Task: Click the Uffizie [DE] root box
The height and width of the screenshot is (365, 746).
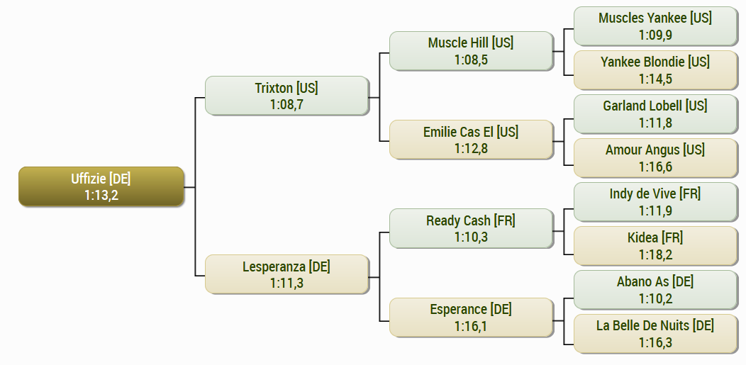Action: tap(101, 186)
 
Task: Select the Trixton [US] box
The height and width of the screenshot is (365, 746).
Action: tap(287, 96)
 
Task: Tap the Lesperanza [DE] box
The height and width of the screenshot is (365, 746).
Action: tap(287, 274)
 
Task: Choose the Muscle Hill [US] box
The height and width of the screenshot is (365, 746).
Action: tap(471, 51)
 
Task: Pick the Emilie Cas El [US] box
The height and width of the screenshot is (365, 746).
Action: tap(471, 139)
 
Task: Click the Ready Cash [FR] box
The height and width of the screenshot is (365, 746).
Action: tap(471, 228)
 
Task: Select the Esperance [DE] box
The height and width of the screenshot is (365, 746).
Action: tap(471, 318)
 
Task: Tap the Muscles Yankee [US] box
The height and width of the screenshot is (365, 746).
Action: tap(656, 26)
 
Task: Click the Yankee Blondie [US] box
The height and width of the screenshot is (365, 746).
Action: tap(656, 70)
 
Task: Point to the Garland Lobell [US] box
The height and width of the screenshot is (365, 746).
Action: tap(656, 114)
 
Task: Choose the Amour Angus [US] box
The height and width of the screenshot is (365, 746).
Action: tap(656, 158)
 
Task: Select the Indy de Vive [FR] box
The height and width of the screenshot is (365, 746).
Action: tap(656, 202)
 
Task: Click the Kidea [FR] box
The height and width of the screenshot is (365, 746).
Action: tap(656, 246)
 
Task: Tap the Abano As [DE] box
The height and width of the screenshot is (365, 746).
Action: tap(656, 290)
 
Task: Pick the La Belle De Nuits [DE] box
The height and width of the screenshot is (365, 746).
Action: tap(656, 334)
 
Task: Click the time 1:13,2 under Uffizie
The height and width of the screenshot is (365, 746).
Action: tap(101, 196)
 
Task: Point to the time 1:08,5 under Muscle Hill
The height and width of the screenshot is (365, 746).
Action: tap(471, 60)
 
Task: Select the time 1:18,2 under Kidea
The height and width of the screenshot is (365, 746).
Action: tap(656, 254)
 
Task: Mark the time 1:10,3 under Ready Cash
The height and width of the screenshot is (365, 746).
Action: tap(471, 237)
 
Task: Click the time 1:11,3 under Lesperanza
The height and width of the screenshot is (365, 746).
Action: tap(287, 283)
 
